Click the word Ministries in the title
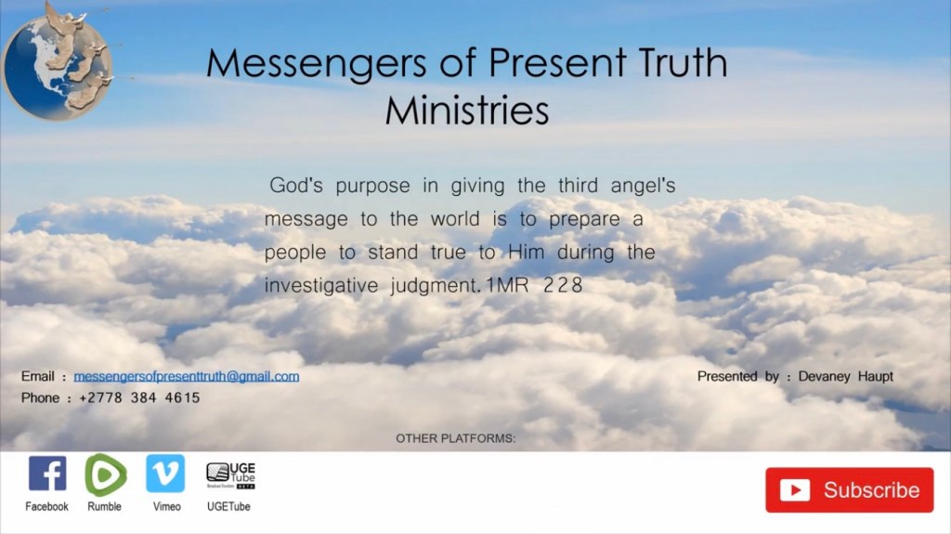[467, 111]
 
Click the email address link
[186, 376]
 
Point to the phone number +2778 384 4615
[139, 398]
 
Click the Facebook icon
[47, 474]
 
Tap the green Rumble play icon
[106, 475]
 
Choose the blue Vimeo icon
[165, 474]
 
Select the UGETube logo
[231, 475]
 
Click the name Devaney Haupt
[845, 377]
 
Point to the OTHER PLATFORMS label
[455, 438]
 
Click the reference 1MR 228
[534, 285]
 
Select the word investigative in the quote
[321, 286]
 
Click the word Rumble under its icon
[104, 507]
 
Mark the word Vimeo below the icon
[167, 507]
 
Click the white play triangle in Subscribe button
[796, 490]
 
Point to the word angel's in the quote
[643, 186]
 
